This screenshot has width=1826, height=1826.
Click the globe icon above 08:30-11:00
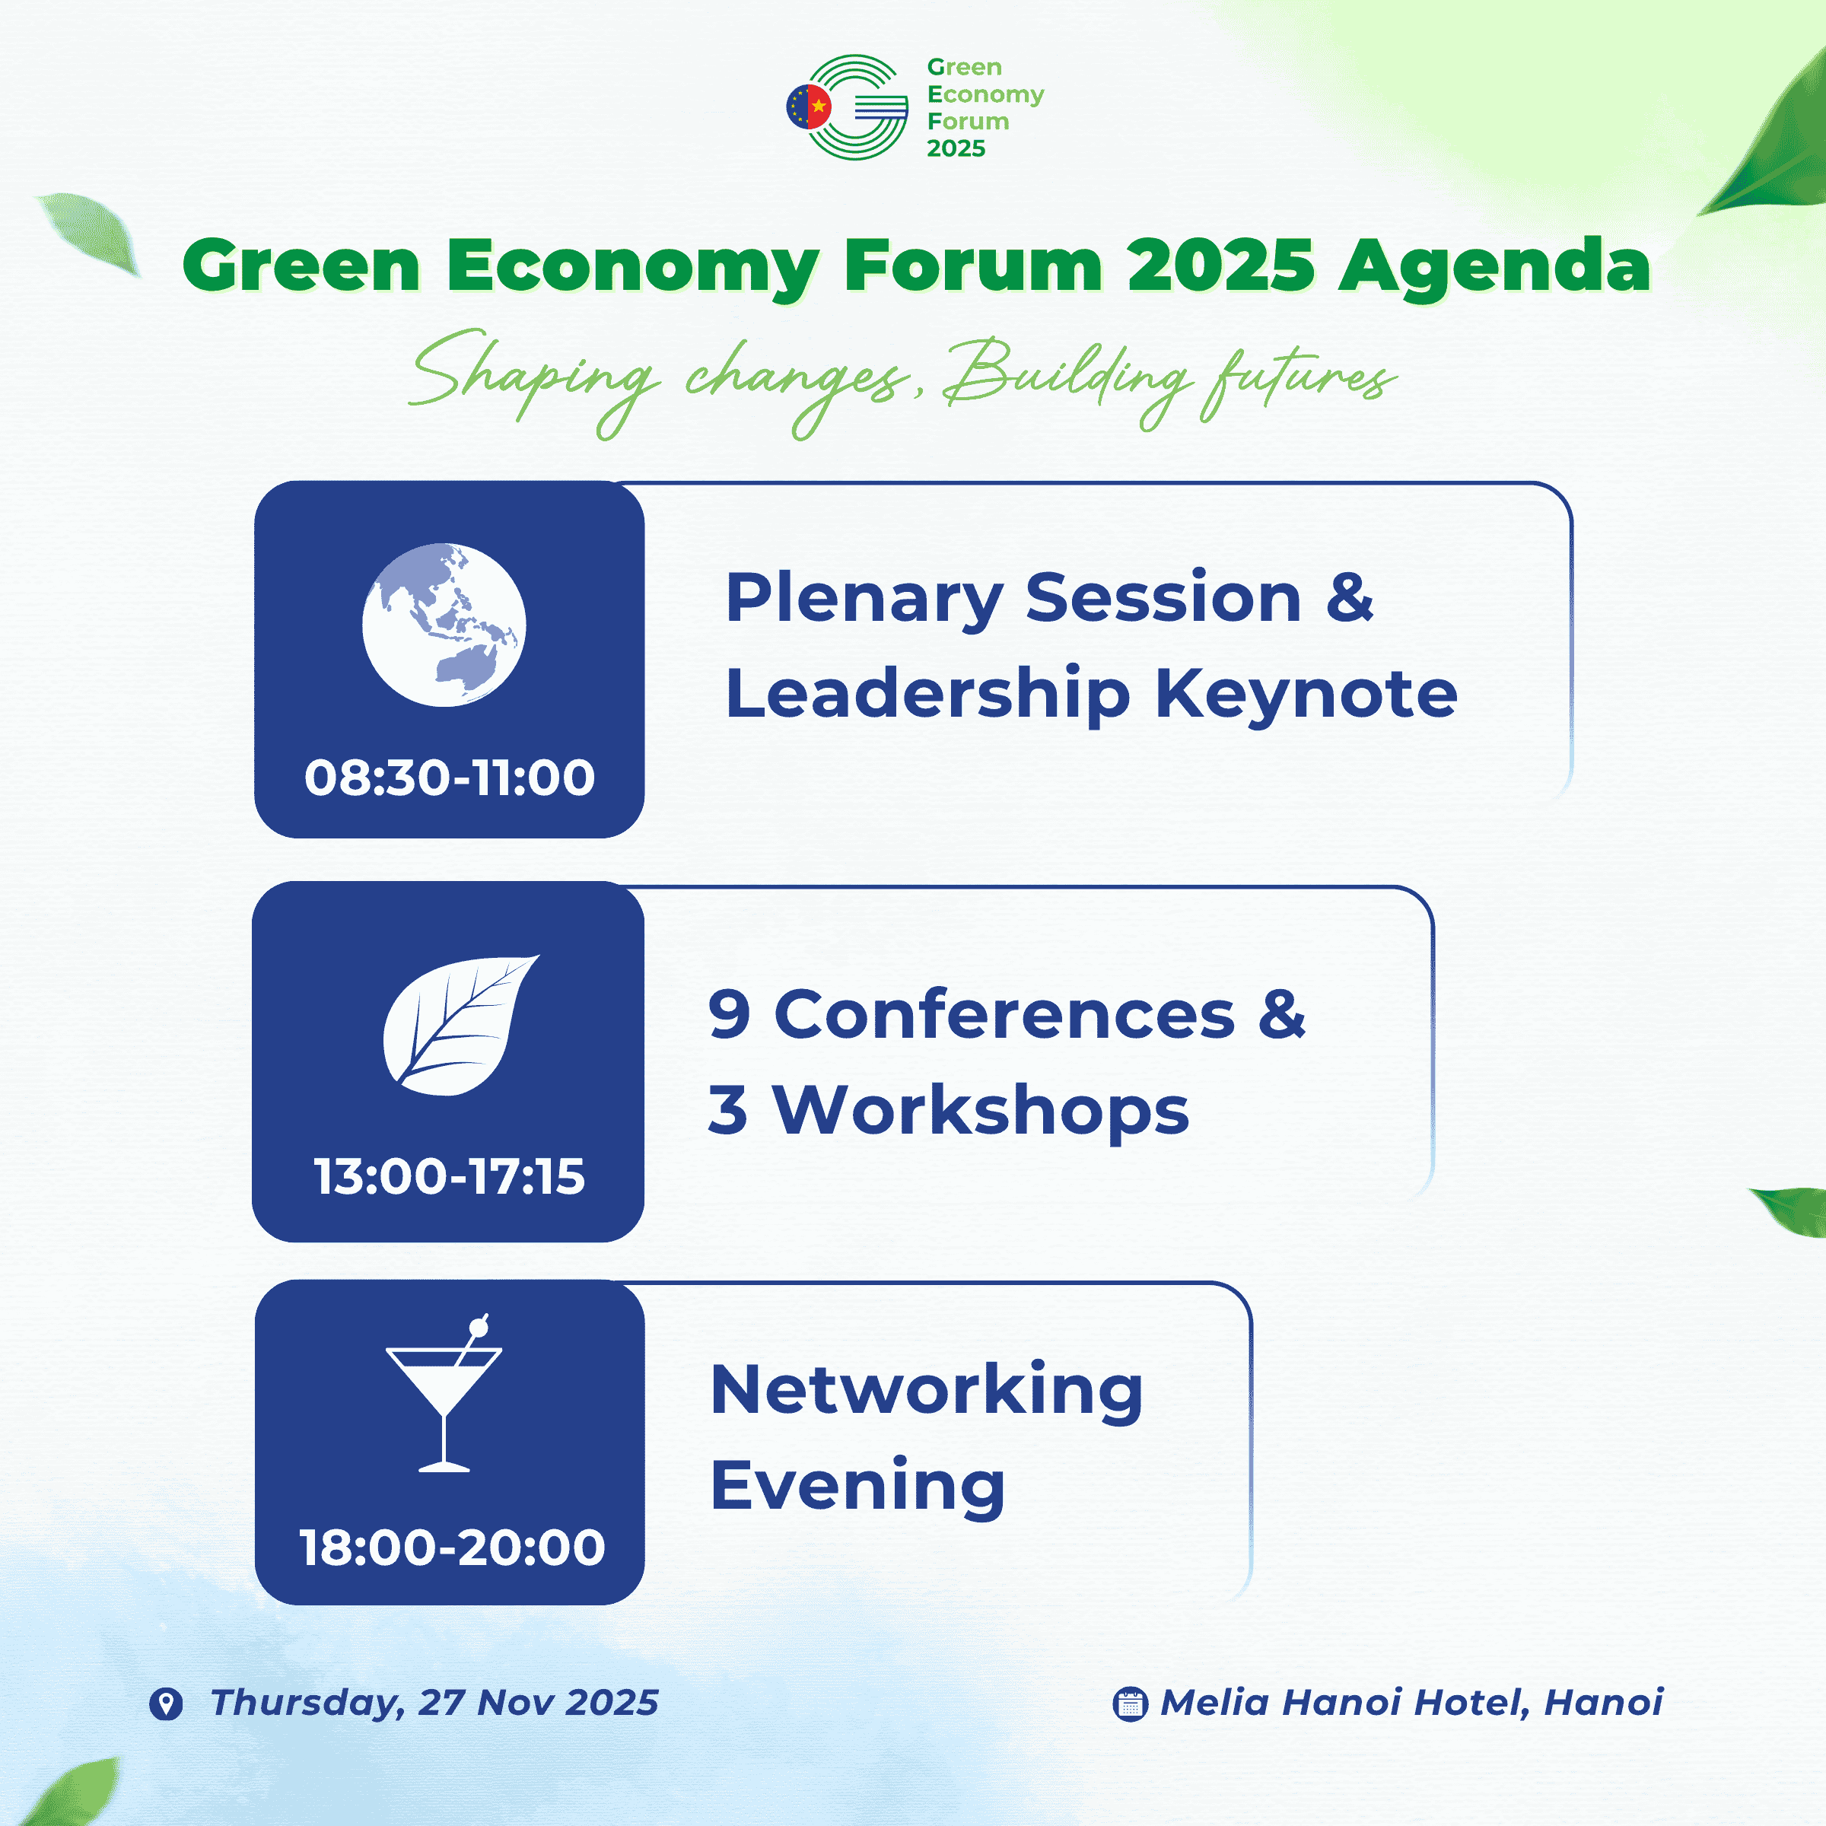pyautogui.click(x=444, y=625)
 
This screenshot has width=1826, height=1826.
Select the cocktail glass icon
pyautogui.click(x=444, y=1393)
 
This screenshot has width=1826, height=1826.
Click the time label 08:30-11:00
pyautogui.click(x=450, y=778)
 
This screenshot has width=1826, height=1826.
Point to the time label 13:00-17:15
pyautogui.click(x=450, y=1177)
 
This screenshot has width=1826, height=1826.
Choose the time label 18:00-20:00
pyautogui.click(x=453, y=1548)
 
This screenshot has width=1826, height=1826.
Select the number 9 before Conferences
pyautogui.click(x=730, y=1014)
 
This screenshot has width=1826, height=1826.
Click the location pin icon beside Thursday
pyautogui.click(x=167, y=1704)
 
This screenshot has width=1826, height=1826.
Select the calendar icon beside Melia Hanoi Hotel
pyautogui.click(x=1131, y=1704)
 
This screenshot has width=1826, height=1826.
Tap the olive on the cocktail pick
pyautogui.click(x=479, y=1328)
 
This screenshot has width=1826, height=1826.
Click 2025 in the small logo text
pyautogui.click(x=956, y=148)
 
